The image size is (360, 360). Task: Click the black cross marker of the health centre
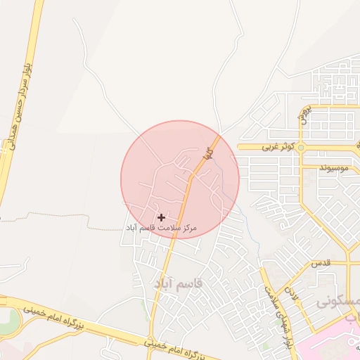coord(161,217)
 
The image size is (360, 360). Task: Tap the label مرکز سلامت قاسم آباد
coord(161,229)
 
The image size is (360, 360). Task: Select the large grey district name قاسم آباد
coord(178,283)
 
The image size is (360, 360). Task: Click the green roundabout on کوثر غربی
coord(300,147)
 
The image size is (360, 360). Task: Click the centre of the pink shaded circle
coord(180,179)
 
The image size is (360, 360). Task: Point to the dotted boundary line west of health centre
coord(70,227)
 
